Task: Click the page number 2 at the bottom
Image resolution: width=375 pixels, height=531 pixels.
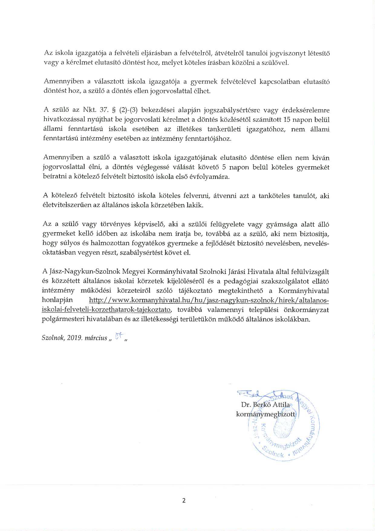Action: pyautogui.click(x=184, y=500)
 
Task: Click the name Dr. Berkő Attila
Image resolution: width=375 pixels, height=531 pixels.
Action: pyautogui.click(x=265, y=404)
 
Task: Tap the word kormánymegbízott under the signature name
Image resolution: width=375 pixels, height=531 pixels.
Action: pyautogui.click(x=265, y=414)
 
